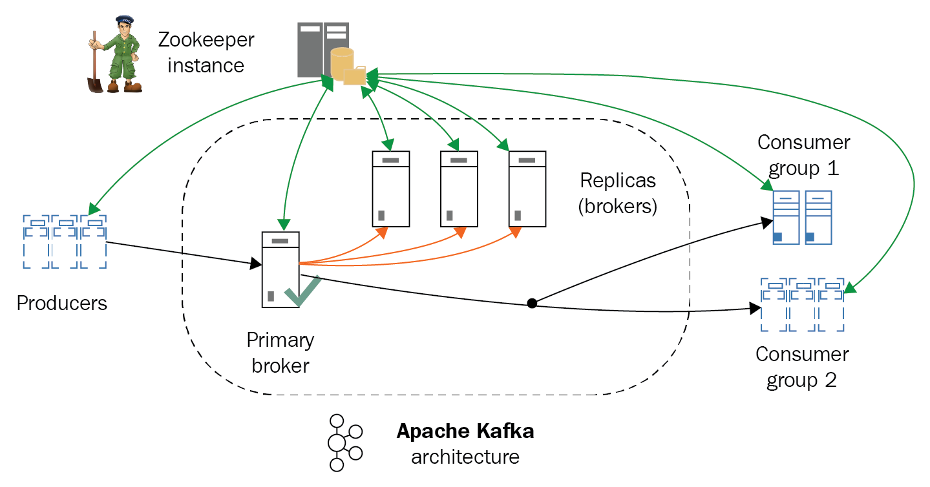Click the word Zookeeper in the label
coord(207,40)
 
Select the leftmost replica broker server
coord(391,189)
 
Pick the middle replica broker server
coord(459,189)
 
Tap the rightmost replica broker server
coord(527,189)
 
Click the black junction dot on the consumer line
coord(531,302)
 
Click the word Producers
coord(62,303)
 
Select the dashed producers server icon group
coord(65,242)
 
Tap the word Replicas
coord(618,180)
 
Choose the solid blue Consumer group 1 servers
coord(802,217)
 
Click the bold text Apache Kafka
coord(465,431)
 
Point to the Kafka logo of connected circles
coord(343,442)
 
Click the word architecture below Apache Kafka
coord(465,457)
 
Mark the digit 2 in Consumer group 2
coord(830,380)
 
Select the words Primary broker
coord(280,352)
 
